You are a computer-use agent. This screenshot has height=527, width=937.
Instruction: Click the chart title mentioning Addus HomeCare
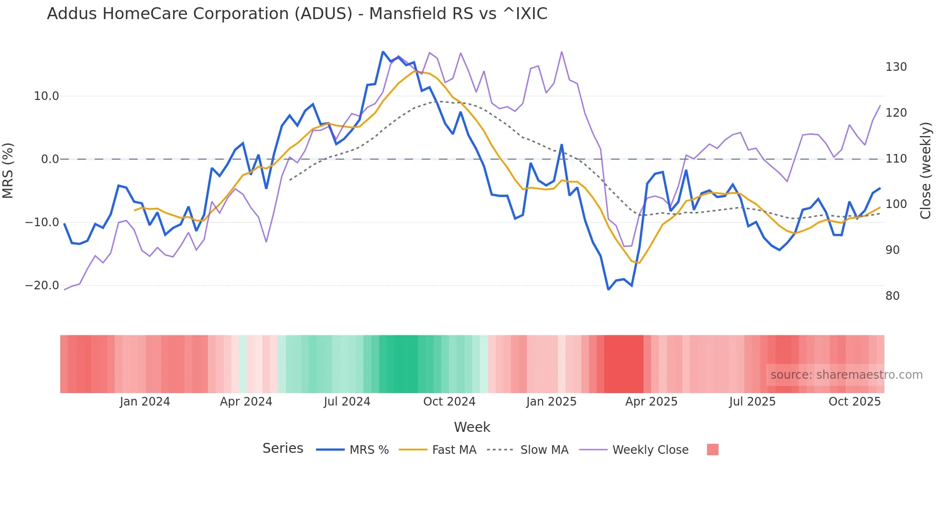pyautogui.click(x=297, y=14)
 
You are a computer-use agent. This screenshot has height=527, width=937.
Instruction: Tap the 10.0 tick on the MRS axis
pyautogui.click(x=46, y=96)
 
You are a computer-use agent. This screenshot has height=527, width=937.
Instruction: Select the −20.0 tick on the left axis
pyautogui.click(x=42, y=285)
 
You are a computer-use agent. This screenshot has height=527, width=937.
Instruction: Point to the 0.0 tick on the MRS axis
pyautogui.click(x=50, y=159)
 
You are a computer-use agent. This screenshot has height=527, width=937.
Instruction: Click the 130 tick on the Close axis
pyautogui.click(x=896, y=67)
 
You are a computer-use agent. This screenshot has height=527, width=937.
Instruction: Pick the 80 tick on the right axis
pyautogui.click(x=893, y=296)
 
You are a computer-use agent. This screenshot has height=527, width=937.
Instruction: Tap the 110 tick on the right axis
pyautogui.click(x=896, y=159)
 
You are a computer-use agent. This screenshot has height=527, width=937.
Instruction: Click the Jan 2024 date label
pyautogui.click(x=145, y=402)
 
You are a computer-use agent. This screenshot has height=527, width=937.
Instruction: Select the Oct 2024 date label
pyautogui.click(x=449, y=402)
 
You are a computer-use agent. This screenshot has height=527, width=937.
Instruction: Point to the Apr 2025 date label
pyautogui.click(x=651, y=402)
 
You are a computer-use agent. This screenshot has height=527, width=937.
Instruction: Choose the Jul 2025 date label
pyautogui.click(x=752, y=402)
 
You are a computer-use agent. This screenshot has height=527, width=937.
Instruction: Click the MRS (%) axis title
pyautogui.click(x=8, y=171)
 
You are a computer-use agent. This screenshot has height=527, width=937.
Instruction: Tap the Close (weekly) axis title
pyautogui.click(x=926, y=171)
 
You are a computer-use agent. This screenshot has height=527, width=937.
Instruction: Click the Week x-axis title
pyautogui.click(x=472, y=427)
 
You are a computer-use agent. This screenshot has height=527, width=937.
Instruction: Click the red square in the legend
pyautogui.click(x=712, y=450)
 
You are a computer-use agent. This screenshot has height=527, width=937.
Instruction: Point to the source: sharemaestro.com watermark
pyautogui.click(x=846, y=375)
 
